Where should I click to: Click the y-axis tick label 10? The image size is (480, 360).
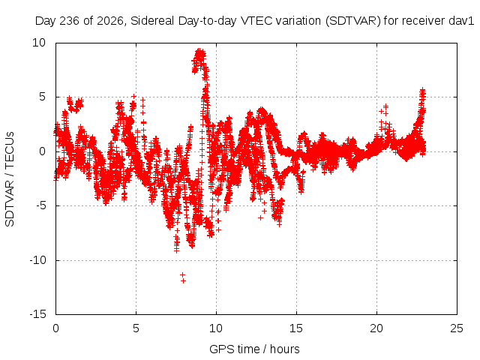(x=39, y=43)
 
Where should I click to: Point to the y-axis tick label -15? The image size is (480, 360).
(x=38, y=314)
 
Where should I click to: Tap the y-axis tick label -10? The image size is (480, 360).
(x=38, y=260)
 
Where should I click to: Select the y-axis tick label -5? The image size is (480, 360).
(x=40, y=205)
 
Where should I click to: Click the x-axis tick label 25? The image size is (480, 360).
(x=457, y=328)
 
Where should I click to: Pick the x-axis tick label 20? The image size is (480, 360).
(x=376, y=328)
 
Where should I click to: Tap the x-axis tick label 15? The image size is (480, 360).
(x=296, y=328)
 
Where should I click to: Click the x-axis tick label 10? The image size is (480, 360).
(x=216, y=328)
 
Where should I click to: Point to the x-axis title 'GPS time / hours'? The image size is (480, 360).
(x=254, y=349)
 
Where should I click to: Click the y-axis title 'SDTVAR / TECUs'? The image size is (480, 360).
(x=10, y=179)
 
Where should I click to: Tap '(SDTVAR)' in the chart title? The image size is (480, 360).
(x=353, y=21)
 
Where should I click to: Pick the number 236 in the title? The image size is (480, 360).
(x=70, y=21)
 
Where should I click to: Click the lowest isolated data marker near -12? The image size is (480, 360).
(x=183, y=280)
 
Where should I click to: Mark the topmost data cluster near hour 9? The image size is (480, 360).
(x=200, y=55)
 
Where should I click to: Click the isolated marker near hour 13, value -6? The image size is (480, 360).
(x=260, y=217)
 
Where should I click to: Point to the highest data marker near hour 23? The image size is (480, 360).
(x=423, y=89)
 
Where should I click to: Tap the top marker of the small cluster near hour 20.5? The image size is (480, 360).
(x=385, y=106)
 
